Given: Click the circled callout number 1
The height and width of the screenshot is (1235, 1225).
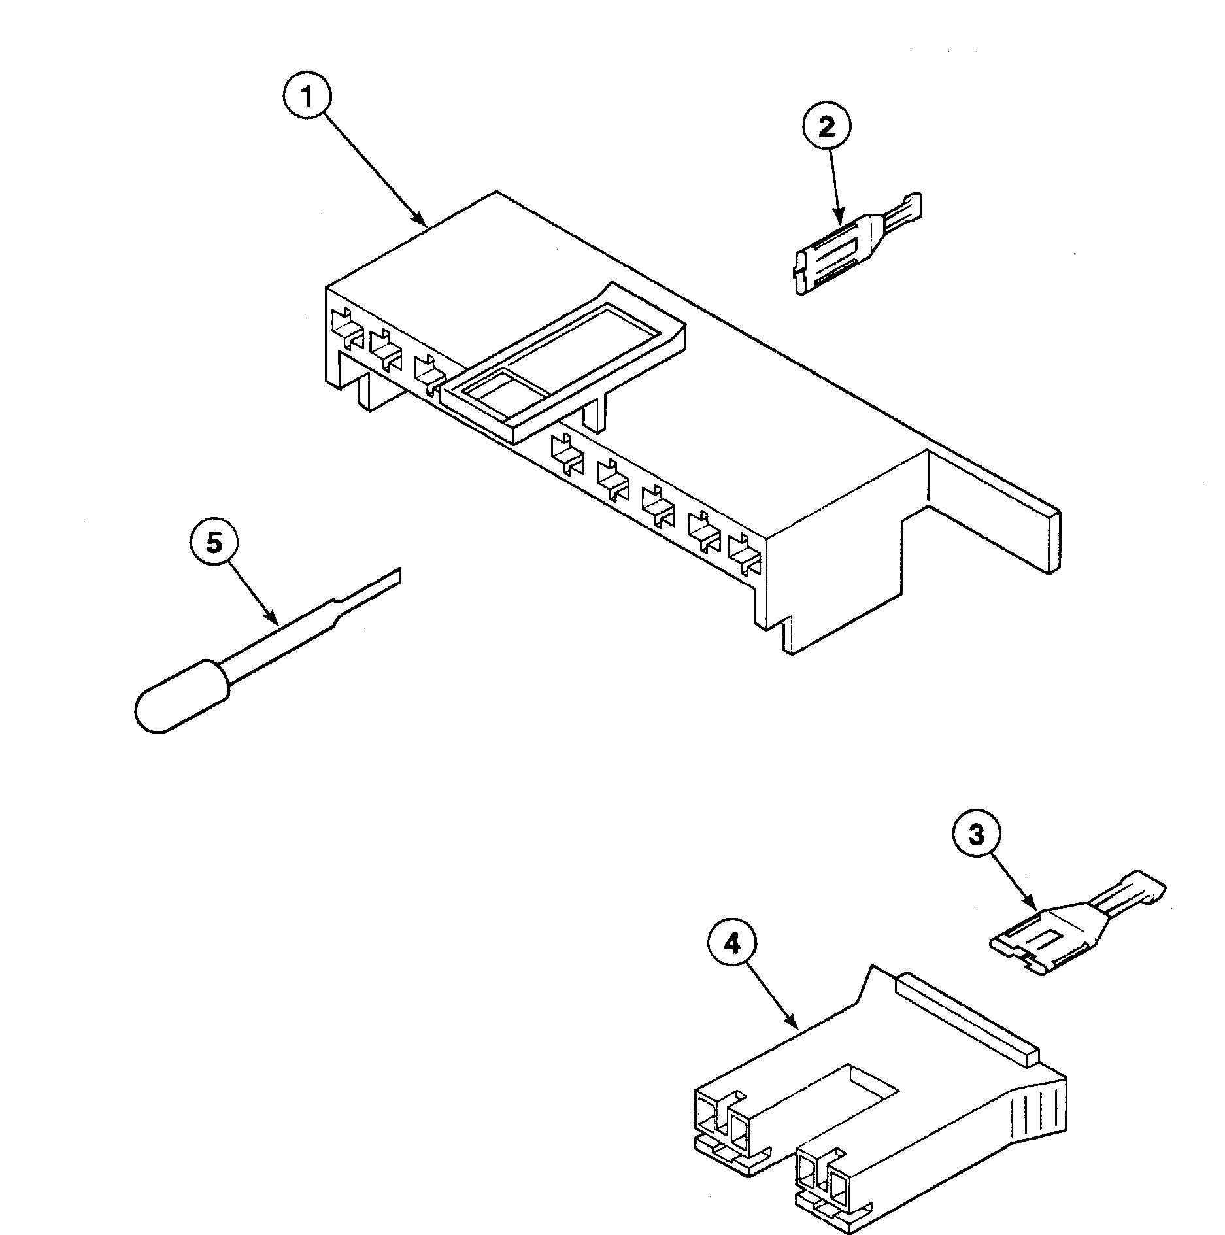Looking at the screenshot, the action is click(308, 96).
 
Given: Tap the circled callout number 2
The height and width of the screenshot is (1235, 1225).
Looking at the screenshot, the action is click(827, 127).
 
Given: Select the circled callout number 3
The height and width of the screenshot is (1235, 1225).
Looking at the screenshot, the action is click(976, 835).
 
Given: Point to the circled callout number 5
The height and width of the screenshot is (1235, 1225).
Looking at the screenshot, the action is click(214, 543).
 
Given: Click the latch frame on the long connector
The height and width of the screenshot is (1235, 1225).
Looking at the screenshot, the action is click(562, 366).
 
